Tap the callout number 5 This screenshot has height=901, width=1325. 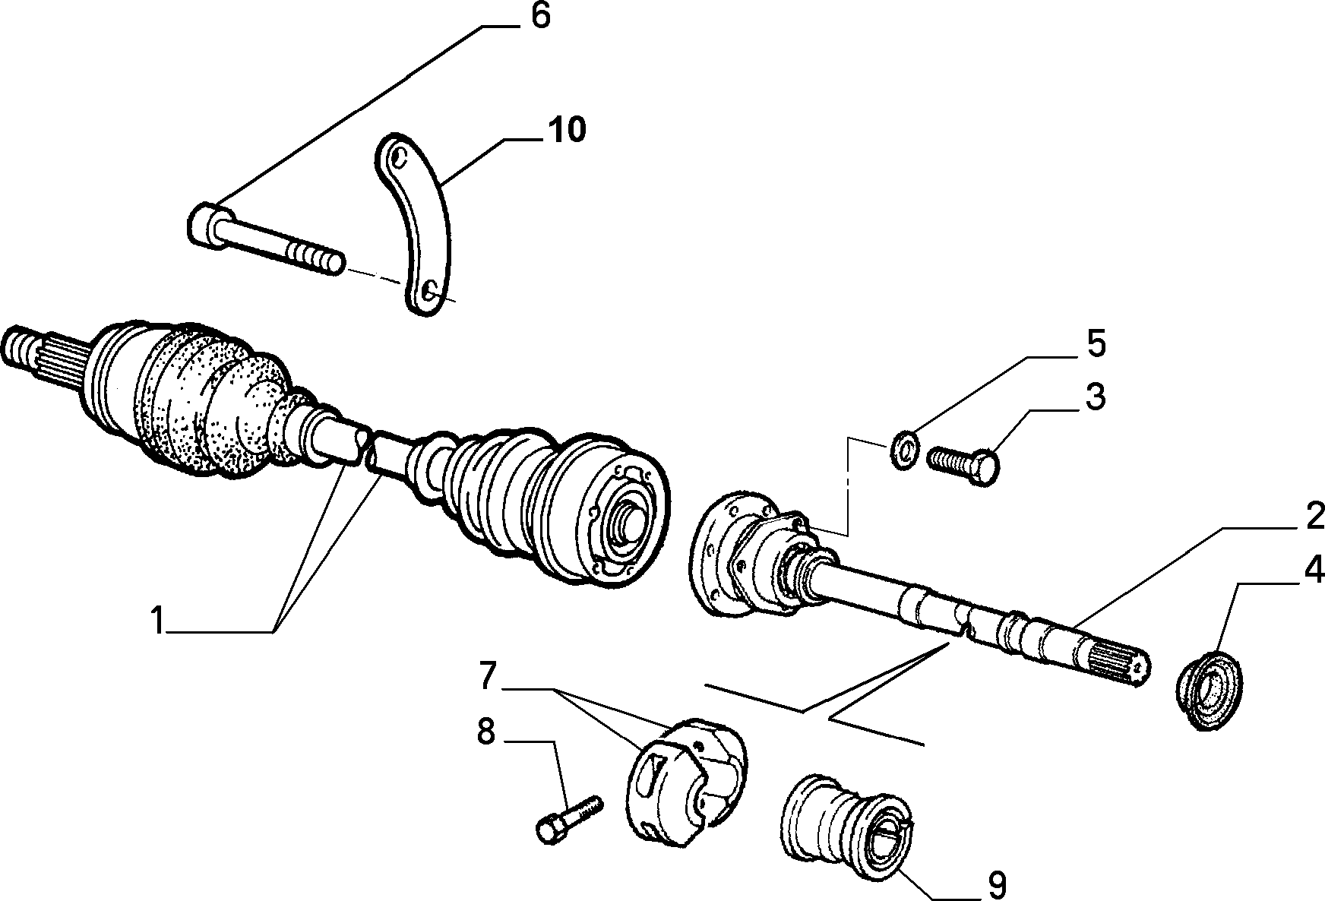[1095, 344]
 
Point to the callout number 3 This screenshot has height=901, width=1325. [1095, 397]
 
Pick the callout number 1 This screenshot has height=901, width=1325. [157, 621]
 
